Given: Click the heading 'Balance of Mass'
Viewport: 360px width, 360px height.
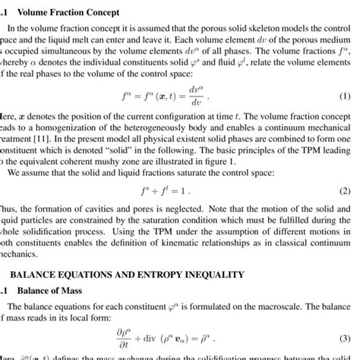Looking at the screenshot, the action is coord(47,291).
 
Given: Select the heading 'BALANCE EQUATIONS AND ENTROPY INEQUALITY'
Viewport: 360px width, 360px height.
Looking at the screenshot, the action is coord(122,273).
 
